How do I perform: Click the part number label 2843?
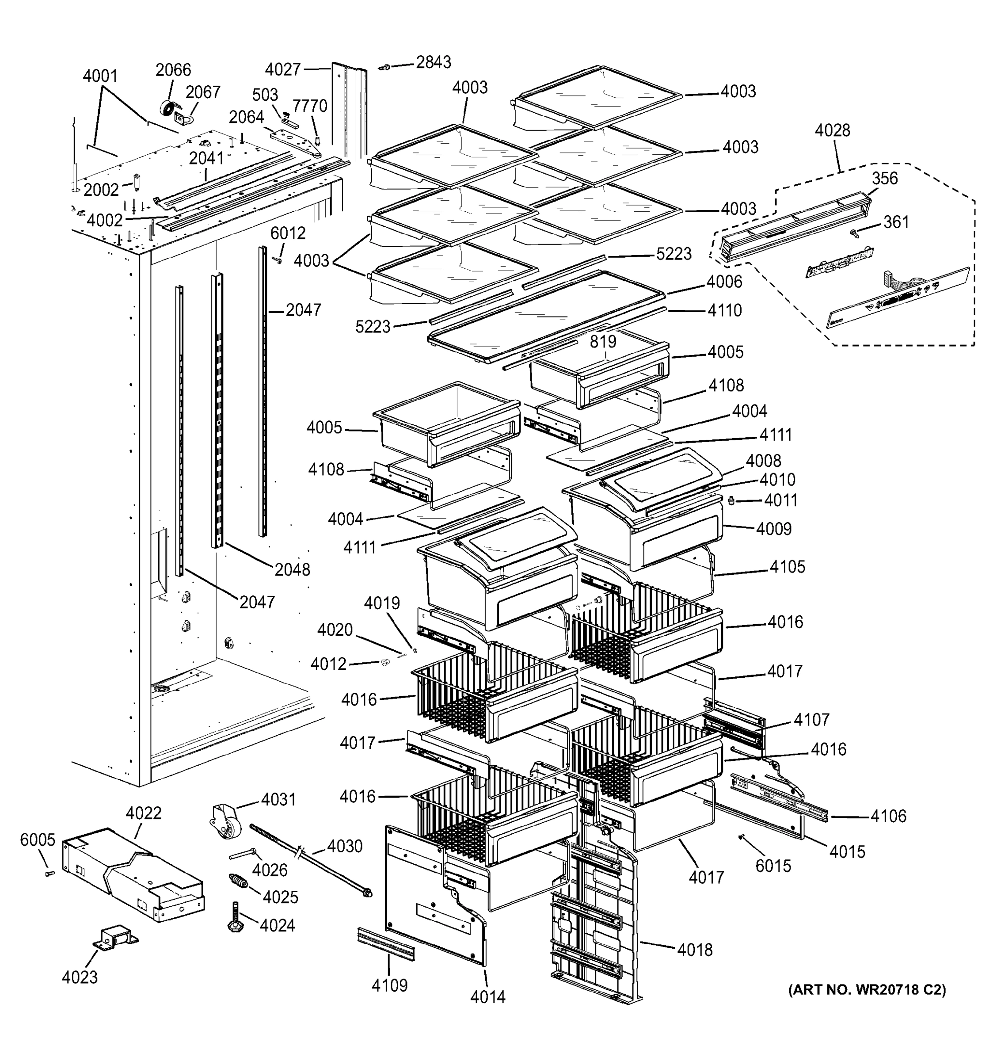(433, 62)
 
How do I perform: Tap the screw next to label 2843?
(384, 67)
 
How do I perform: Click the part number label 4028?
(832, 130)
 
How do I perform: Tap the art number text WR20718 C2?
(867, 990)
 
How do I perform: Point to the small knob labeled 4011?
(731, 500)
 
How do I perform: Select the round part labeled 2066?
(168, 108)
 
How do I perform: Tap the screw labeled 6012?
(277, 260)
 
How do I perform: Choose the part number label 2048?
(292, 570)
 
